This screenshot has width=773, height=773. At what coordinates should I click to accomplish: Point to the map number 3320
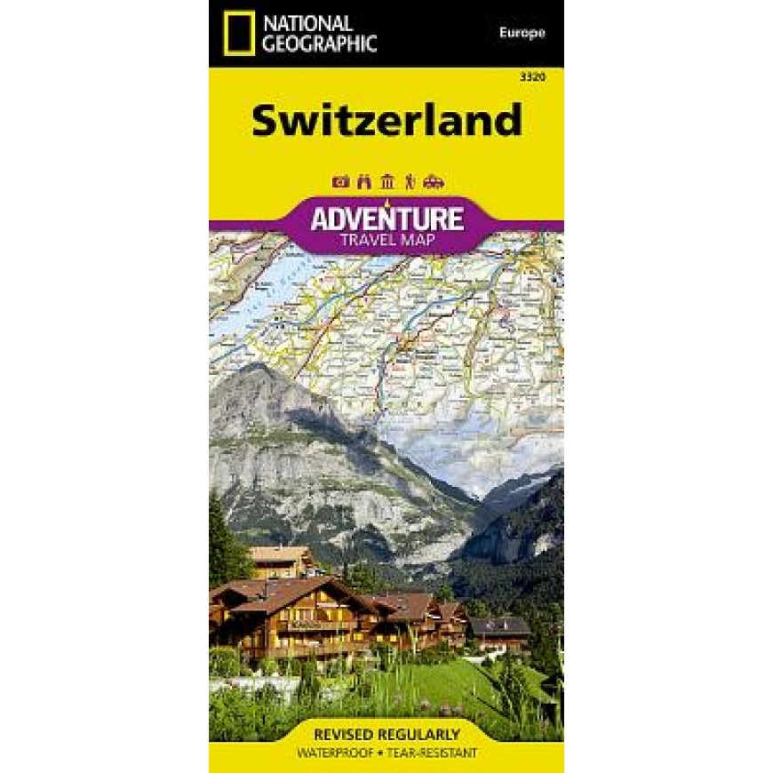[533, 78]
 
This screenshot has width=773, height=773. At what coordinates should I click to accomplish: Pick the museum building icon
[386, 182]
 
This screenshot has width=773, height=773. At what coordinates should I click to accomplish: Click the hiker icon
[410, 182]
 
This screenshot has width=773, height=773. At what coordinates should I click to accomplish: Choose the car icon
[434, 182]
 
